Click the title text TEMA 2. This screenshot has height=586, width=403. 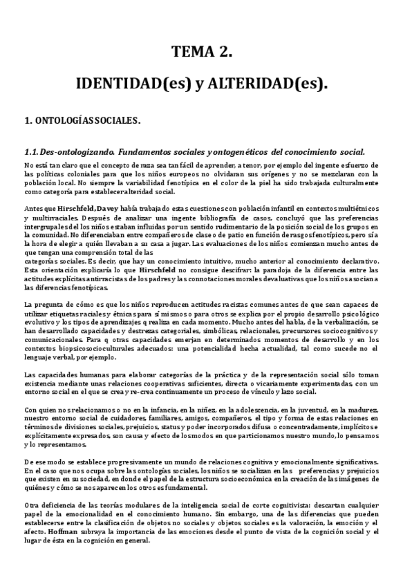[201, 53]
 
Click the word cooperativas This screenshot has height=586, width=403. [186, 384]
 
